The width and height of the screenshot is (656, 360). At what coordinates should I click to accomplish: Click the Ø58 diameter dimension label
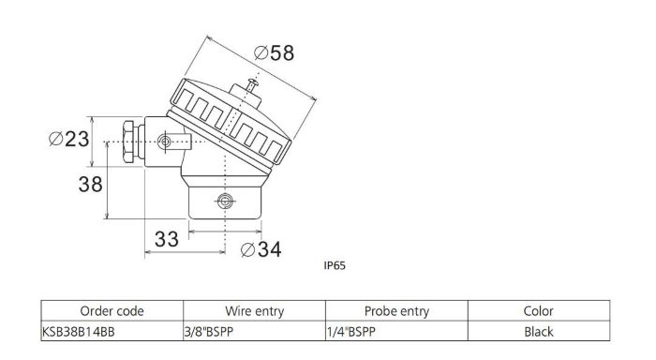point(274,53)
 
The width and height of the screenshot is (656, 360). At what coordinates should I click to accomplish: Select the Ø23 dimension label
point(69,139)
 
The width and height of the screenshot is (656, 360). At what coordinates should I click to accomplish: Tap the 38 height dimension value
point(90,184)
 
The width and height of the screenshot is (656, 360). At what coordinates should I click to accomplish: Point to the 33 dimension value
point(167,239)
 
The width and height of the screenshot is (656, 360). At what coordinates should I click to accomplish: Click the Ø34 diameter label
point(261,249)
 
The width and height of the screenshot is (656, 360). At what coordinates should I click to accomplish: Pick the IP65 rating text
point(335,266)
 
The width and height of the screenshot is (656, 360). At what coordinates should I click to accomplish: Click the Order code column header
point(112,311)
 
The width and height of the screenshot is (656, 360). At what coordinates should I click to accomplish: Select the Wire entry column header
point(254,311)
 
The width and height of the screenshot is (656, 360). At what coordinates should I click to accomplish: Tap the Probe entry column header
point(396,311)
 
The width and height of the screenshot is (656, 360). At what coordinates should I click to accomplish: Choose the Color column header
point(539,311)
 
